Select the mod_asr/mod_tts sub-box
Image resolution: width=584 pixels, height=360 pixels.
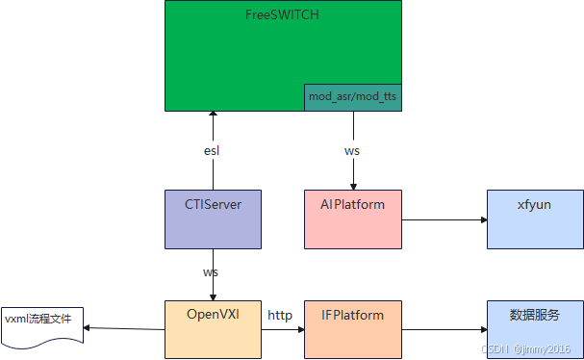352,97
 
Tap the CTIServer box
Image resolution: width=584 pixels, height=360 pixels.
212,219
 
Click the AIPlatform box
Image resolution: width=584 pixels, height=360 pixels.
352,219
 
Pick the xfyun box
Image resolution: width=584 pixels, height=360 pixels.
534,219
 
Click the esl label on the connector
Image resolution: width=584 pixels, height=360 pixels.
212,150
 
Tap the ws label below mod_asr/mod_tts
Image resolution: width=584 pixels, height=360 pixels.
352,151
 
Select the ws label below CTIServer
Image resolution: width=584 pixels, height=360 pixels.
212,272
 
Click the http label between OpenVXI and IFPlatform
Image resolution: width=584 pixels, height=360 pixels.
280,315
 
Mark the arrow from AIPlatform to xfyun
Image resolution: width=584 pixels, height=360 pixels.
443,220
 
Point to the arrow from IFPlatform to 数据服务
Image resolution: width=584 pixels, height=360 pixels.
443,329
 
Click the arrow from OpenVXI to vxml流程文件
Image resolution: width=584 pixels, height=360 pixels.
125,329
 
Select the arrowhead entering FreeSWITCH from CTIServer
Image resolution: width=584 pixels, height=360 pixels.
212,116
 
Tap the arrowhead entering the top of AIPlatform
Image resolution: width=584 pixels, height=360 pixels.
352,186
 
